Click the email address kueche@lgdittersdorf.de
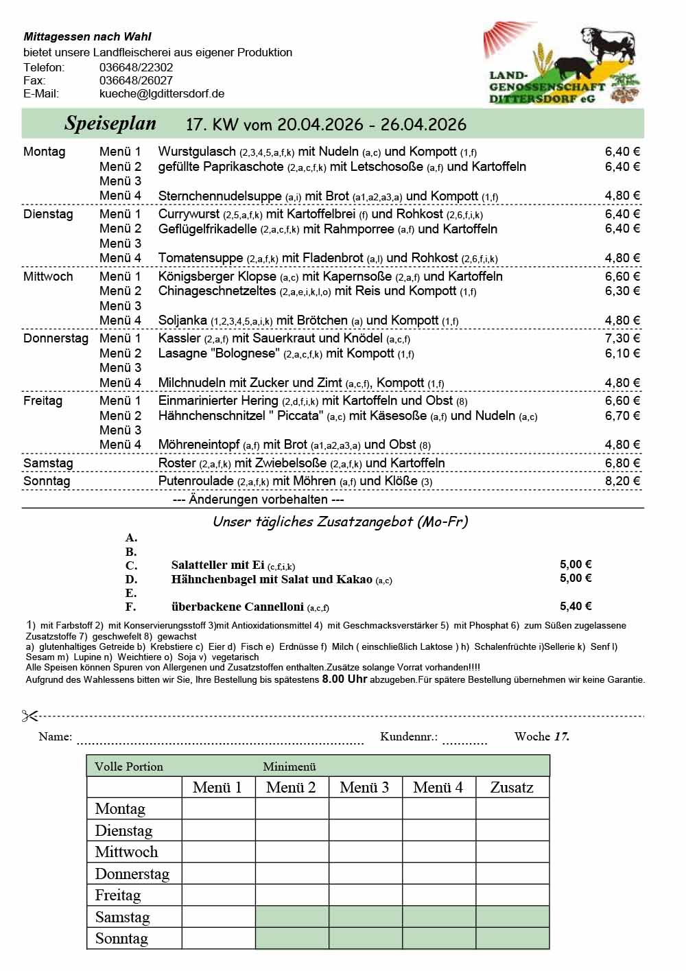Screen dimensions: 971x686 (162, 93)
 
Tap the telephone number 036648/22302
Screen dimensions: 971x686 (136, 67)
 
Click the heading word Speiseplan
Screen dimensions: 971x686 (110, 124)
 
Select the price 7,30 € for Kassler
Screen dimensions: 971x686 (622, 338)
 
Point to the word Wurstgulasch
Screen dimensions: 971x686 (197, 152)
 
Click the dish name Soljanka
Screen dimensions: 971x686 (182, 320)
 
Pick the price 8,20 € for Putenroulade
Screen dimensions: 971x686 (622, 481)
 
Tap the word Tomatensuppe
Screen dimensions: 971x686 (200, 258)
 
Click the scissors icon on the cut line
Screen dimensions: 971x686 (29, 716)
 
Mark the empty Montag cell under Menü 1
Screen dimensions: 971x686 (218, 809)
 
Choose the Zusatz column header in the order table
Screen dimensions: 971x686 (512, 788)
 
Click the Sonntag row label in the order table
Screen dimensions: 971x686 (121, 939)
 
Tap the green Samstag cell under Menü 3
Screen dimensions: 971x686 (365, 917)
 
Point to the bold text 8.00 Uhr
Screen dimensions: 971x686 (344, 679)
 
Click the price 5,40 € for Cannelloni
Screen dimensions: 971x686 (576, 607)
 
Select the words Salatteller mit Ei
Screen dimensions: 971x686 (217, 565)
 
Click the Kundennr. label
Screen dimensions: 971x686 (408, 737)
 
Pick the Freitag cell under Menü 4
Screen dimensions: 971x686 (438, 896)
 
